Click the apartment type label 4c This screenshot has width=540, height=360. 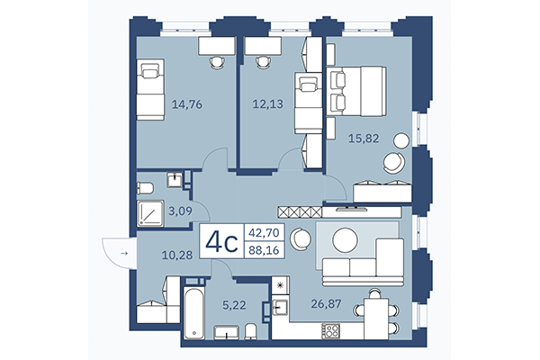(221, 242)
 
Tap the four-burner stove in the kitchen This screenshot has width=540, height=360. (330, 329)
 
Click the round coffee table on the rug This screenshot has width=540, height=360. (346, 239)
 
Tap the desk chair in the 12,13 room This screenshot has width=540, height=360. (263, 61)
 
